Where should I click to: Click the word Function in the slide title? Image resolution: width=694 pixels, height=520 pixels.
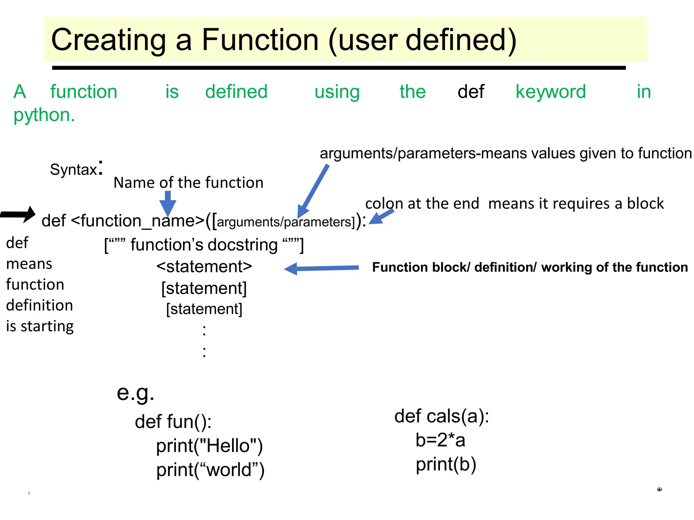click(260, 40)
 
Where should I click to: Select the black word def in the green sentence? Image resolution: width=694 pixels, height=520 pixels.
click(471, 91)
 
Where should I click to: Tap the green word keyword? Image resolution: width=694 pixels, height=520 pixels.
click(550, 91)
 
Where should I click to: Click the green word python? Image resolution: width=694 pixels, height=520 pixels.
click(44, 115)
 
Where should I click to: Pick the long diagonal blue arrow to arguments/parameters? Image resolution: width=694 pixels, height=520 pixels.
click(313, 191)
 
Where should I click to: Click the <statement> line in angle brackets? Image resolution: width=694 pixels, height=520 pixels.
click(204, 266)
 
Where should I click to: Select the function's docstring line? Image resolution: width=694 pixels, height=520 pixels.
click(204, 245)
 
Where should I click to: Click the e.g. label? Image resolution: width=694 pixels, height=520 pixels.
click(135, 393)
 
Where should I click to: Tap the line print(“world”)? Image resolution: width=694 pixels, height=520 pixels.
click(210, 470)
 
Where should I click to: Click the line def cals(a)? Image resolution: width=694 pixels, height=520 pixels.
click(442, 416)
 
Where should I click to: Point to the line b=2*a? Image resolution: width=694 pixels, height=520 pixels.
click(440, 440)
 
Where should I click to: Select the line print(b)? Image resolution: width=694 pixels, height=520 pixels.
click(446, 464)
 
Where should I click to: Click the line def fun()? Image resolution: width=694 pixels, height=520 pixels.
click(173, 422)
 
